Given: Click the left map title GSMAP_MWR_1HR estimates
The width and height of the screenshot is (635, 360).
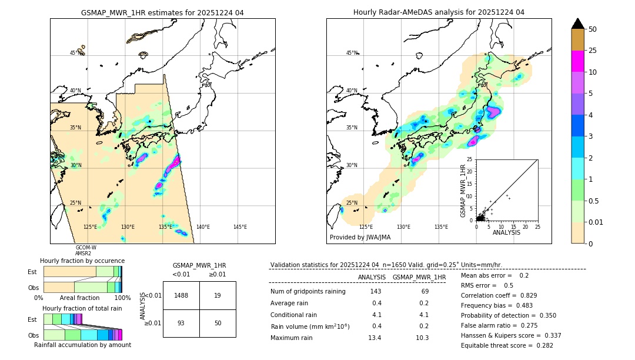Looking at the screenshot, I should tap(162, 12).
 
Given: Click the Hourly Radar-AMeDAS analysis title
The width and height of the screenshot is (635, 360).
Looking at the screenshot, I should tap(439, 12).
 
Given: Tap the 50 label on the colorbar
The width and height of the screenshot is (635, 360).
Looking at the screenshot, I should tap(593, 29).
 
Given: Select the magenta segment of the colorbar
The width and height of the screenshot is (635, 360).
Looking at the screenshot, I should tap(577, 61).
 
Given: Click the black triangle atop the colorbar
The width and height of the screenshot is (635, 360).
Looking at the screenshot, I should tap(577, 24).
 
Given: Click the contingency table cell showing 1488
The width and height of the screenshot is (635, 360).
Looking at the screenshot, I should tap(181, 295).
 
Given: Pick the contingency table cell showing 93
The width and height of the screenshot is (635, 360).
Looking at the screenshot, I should tap(181, 323).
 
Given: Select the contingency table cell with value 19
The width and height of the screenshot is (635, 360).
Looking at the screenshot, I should tap(218, 295).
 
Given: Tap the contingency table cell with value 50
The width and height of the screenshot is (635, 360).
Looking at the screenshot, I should tap(218, 323).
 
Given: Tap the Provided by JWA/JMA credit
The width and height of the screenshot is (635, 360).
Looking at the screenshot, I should tap(360, 237).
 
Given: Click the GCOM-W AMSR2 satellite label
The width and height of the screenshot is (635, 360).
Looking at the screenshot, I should tap(86, 251).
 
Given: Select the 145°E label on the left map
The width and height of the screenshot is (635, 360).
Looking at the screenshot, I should tap(240, 227).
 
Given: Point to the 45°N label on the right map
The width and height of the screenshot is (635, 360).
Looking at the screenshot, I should tap(352, 53).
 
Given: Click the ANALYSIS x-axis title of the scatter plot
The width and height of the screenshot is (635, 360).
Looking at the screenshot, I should tap(507, 232).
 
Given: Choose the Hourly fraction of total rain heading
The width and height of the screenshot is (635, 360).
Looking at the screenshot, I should tap(82, 308).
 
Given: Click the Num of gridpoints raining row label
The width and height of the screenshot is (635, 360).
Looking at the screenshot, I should tap(308, 292).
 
